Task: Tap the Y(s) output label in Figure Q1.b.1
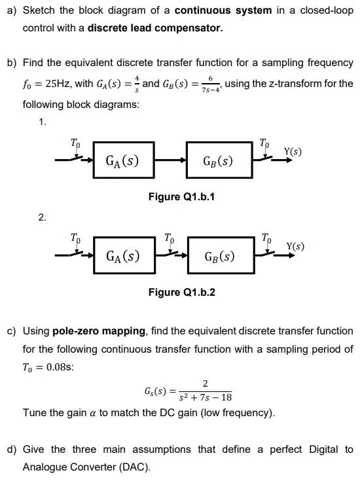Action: click(x=293, y=152)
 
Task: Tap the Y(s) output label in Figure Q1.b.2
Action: click(x=295, y=247)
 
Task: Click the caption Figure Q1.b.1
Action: click(x=181, y=196)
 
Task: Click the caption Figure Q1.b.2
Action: click(x=181, y=292)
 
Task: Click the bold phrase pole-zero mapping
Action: click(x=99, y=331)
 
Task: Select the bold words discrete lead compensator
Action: click(x=155, y=28)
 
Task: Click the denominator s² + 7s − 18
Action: click(x=205, y=397)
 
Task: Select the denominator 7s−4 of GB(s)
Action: click(x=209, y=90)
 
